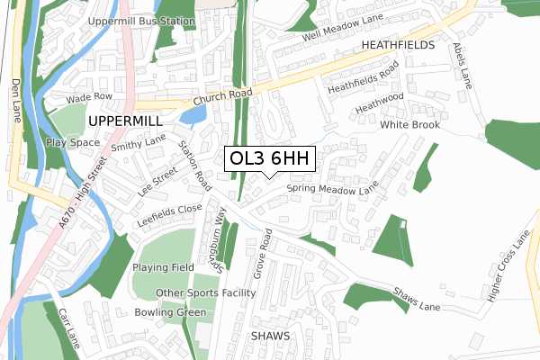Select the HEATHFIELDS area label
pos(398,44)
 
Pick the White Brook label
pos(409,125)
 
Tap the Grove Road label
pos(261,251)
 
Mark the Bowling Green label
pos(169,312)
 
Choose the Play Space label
pos(73,142)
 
